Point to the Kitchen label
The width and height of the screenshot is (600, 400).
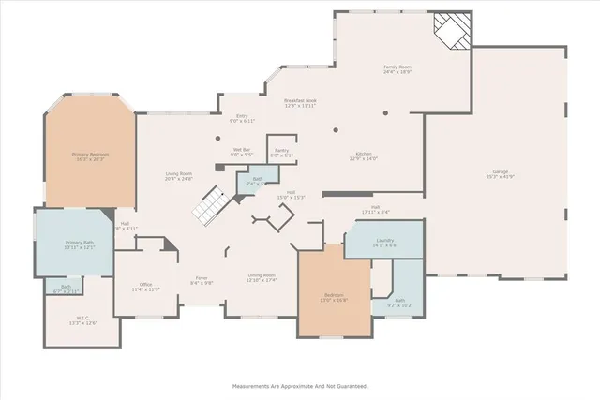[x=364, y=156]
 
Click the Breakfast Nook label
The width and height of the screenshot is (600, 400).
[x=301, y=102]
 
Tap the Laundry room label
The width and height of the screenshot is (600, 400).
[x=384, y=243]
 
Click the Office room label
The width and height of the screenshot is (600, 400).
[x=146, y=287]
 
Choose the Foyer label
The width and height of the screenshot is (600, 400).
[x=202, y=279]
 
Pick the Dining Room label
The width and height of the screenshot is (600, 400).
[x=262, y=277]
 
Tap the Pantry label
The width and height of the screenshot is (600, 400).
[x=282, y=152]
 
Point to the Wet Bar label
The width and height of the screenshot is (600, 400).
[x=241, y=151]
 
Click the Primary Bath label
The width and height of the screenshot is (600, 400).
[x=80, y=244]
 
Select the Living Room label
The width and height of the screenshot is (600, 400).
[x=179, y=175]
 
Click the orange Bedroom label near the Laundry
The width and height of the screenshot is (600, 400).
[x=335, y=297]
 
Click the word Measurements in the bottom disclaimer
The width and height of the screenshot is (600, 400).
[x=254, y=386]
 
